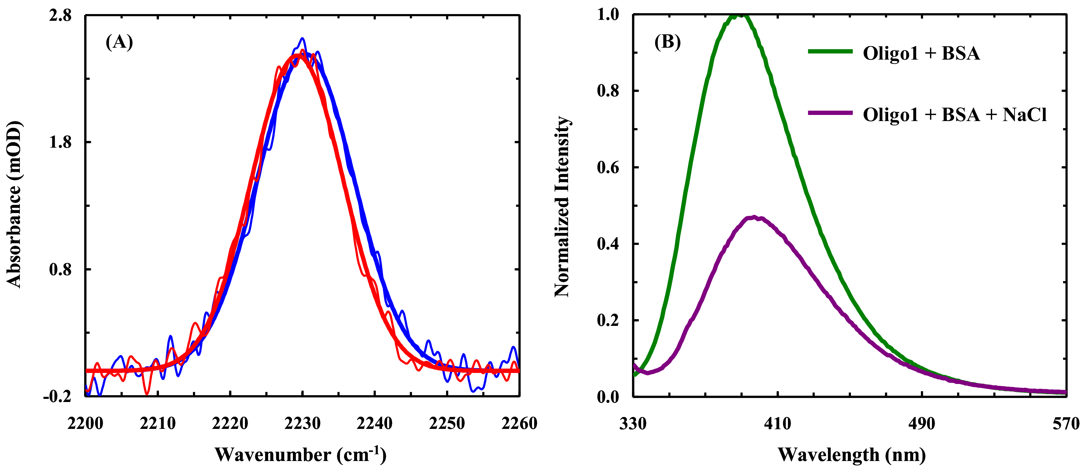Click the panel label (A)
119,42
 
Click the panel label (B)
667,42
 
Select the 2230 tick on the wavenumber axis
302,423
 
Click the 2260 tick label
519,423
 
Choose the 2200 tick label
86,423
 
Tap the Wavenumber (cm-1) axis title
300,454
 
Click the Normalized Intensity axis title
562,207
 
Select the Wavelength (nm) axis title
851,454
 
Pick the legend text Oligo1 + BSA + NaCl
955,115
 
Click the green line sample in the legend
830,51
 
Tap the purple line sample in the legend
830,113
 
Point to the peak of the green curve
739,15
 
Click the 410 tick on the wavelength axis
778,423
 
